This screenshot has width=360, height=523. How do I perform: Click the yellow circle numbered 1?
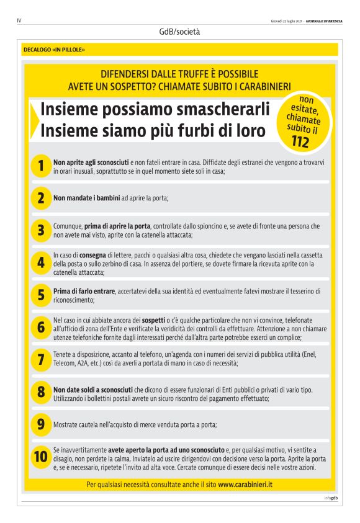click(40, 166)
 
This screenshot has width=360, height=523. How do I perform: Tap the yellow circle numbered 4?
click(40, 263)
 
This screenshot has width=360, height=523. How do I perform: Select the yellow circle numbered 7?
click(40, 359)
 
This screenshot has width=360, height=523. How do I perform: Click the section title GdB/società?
click(179, 31)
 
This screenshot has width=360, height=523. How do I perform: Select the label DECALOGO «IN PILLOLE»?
click(54, 49)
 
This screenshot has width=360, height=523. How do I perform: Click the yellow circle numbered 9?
click(40, 424)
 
